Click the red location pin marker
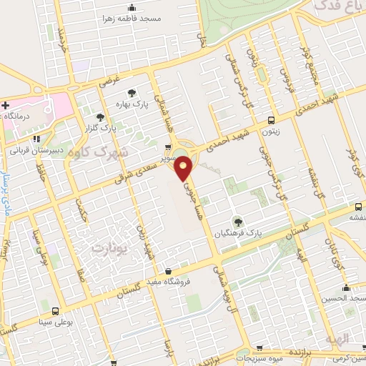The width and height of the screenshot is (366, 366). (184, 168)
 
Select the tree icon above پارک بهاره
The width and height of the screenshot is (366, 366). (131, 92)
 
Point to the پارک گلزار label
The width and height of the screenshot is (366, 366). (100, 129)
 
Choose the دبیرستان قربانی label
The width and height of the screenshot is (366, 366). (35, 151)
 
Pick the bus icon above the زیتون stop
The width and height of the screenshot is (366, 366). (270, 120)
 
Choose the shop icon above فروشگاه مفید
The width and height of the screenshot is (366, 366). (168, 271)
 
